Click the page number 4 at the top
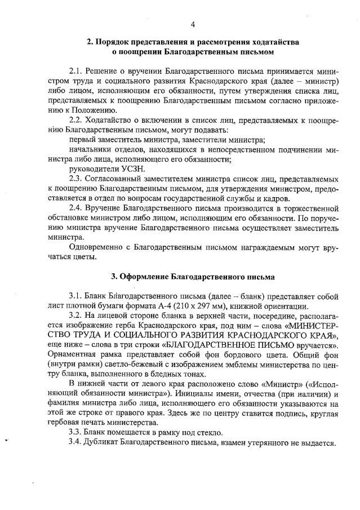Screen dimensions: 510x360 pos(193,24)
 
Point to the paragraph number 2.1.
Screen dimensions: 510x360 pos(75,73)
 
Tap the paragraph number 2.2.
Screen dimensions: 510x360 pos(75,121)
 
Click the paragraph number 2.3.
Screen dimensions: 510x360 pos(75,178)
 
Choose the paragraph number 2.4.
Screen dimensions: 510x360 pos(75,207)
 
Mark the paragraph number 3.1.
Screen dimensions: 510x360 pos(75,296)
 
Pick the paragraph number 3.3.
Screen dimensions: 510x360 pos(75,432)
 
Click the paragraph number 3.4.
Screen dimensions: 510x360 pos(75,442)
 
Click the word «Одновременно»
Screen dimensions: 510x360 pos(96,247)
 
